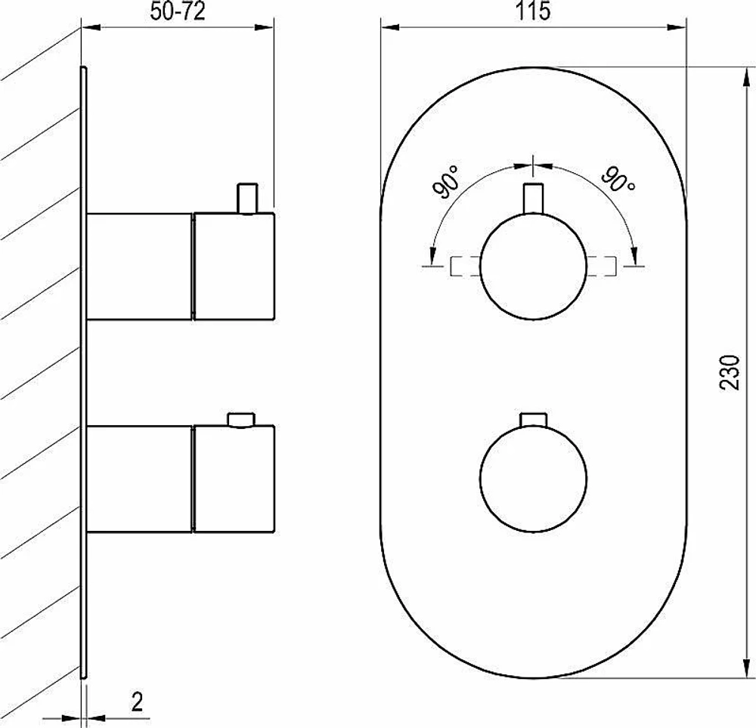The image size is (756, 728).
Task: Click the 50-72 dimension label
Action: point(178,11)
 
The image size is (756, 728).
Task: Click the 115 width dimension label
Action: point(533,11)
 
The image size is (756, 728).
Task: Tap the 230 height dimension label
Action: point(729,372)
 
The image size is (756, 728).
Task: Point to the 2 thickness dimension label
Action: point(138,702)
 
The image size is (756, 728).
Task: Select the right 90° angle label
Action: point(618,179)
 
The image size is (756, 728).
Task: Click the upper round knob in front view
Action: point(533,266)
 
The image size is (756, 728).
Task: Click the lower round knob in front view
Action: point(533,478)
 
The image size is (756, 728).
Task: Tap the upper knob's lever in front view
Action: point(533,199)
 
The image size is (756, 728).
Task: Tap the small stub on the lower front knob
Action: point(533,419)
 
